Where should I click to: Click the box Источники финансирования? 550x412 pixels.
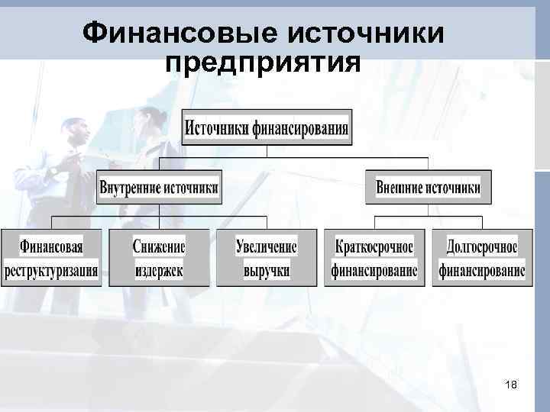(x=267, y=127)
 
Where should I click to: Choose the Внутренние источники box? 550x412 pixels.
(x=159, y=187)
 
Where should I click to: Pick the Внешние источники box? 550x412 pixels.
(x=428, y=187)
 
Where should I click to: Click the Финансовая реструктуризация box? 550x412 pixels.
(x=51, y=258)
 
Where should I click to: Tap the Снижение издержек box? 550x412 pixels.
(x=159, y=258)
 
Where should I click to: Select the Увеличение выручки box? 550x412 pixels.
(x=266, y=258)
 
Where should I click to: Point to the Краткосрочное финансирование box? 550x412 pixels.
(x=374, y=258)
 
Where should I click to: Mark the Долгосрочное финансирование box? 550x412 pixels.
(x=481, y=258)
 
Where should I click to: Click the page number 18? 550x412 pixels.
(x=511, y=385)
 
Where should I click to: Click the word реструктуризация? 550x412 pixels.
(x=51, y=270)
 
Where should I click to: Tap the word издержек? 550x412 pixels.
(x=159, y=270)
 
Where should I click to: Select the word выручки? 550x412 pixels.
(x=267, y=270)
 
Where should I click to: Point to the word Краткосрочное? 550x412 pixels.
(x=374, y=246)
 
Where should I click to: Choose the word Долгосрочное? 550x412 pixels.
(x=481, y=246)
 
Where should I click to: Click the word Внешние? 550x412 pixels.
(x=399, y=187)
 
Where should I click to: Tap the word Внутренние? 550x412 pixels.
(x=128, y=187)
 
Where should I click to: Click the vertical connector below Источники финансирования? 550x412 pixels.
(x=267, y=151)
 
